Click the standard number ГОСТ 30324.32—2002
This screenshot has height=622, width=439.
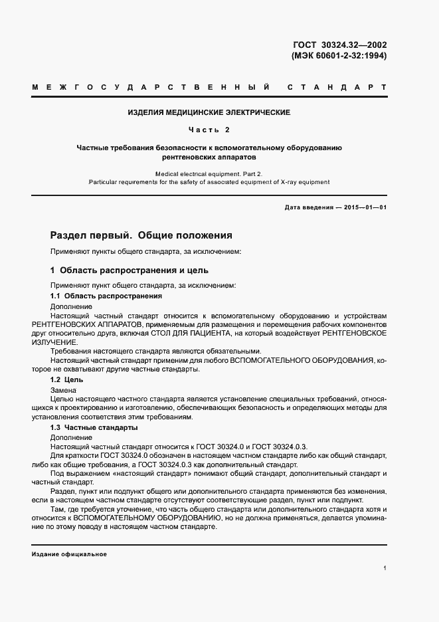pos(339,45)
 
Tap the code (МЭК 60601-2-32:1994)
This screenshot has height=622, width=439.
pos(339,56)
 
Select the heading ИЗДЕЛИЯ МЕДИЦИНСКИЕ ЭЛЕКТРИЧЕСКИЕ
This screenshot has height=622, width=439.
pos(209,112)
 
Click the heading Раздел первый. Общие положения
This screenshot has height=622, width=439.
pos(141,235)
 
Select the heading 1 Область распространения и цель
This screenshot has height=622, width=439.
pos(130,270)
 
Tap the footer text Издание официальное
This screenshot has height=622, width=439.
pos(69,554)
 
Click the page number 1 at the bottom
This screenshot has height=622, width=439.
pos(385,568)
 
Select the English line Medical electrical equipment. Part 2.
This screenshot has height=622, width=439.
pos(209,173)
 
